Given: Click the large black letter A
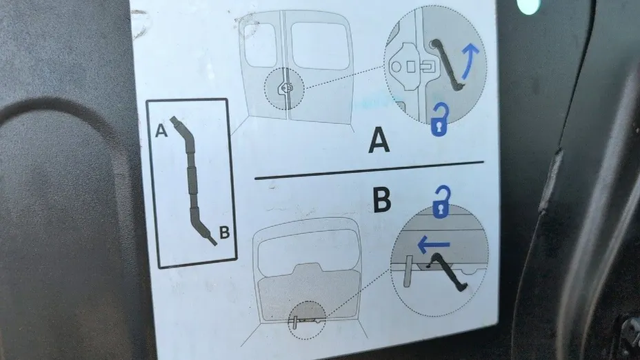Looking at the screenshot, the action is click(379, 140).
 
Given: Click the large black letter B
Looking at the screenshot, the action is click(382, 199).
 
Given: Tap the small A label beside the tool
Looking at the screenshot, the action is click(161, 130).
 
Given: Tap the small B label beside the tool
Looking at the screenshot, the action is click(225, 232).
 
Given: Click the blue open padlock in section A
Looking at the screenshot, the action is click(439, 119).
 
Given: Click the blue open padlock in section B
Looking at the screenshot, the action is click(441, 201).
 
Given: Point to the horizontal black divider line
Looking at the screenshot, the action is click(369, 170).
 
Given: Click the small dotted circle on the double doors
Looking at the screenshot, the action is click(284, 88).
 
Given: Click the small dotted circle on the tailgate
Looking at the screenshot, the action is click(306, 321).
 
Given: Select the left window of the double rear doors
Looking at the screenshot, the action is click(260, 45).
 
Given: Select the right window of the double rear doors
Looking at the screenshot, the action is click(321, 46).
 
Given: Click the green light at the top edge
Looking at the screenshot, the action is click(528, 6).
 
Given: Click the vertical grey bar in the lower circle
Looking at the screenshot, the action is click(408, 271).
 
